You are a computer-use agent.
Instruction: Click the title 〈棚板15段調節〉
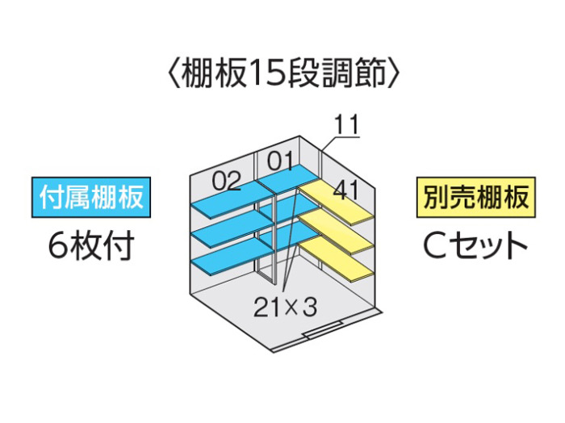[283, 73]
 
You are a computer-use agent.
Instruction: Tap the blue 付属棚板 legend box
[91, 197]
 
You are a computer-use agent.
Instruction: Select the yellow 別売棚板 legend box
[475, 197]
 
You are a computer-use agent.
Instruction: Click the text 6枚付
[91, 245]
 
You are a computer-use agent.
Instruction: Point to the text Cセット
[475, 245]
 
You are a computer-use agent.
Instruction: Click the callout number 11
[347, 124]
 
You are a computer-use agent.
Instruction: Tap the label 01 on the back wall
[280, 161]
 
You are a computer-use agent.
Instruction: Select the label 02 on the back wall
[226, 181]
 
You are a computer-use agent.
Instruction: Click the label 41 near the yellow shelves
[346, 190]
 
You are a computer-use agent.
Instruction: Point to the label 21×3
[286, 307]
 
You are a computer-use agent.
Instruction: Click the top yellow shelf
[336, 203]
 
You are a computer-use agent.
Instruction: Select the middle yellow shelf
[336, 232]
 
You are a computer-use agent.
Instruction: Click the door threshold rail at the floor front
[323, 329]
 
